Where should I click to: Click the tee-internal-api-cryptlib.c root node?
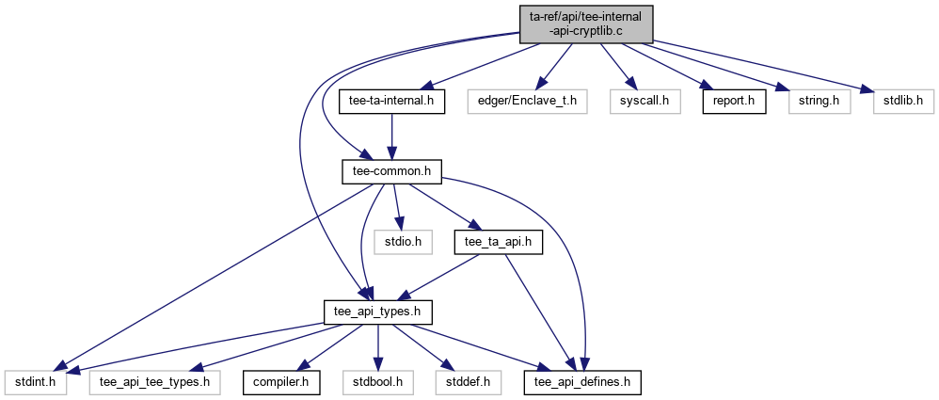(584, 24)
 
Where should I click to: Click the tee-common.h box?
(390, 170)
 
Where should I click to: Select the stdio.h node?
(403, 242)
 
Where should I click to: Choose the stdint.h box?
(35, 382)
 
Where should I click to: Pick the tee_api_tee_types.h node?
(155, 382)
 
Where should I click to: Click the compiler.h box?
(281, 382)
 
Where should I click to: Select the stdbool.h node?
(376, 382)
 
